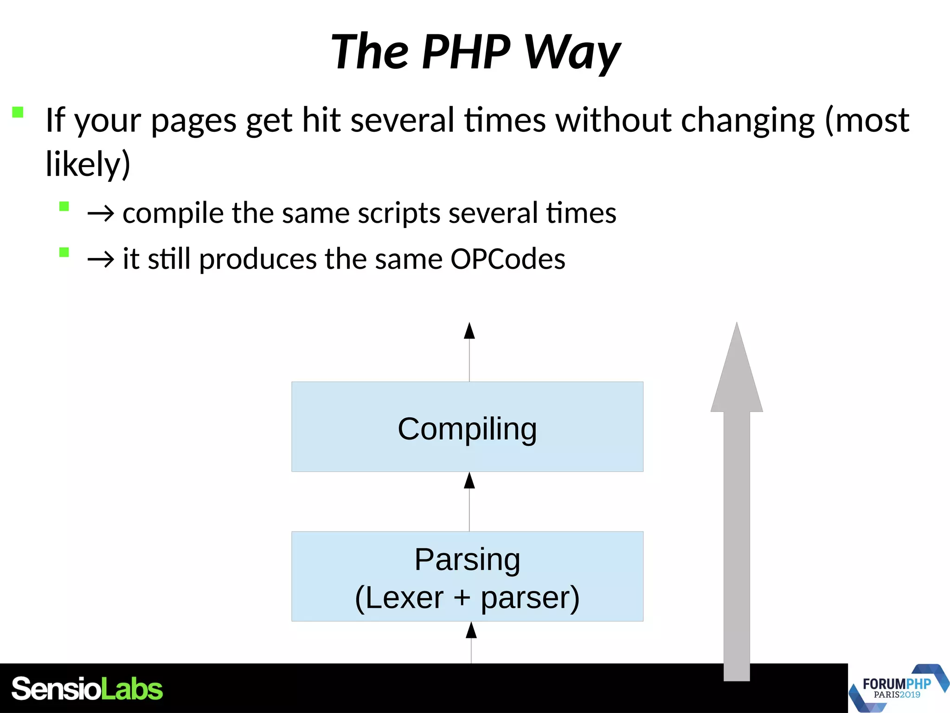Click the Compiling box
coord(467,427)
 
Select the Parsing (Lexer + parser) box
coord(467,576)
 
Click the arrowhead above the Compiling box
coord(469,331)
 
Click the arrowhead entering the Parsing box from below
coord(471,631)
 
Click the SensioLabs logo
coord(87,689)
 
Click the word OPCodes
coord(507,259)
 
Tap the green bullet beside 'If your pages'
coord(18,112)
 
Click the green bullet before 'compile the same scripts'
coord(64,206)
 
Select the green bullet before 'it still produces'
coord(64,252)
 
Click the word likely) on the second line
coord(88,164)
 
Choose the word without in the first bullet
coord(614,120)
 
